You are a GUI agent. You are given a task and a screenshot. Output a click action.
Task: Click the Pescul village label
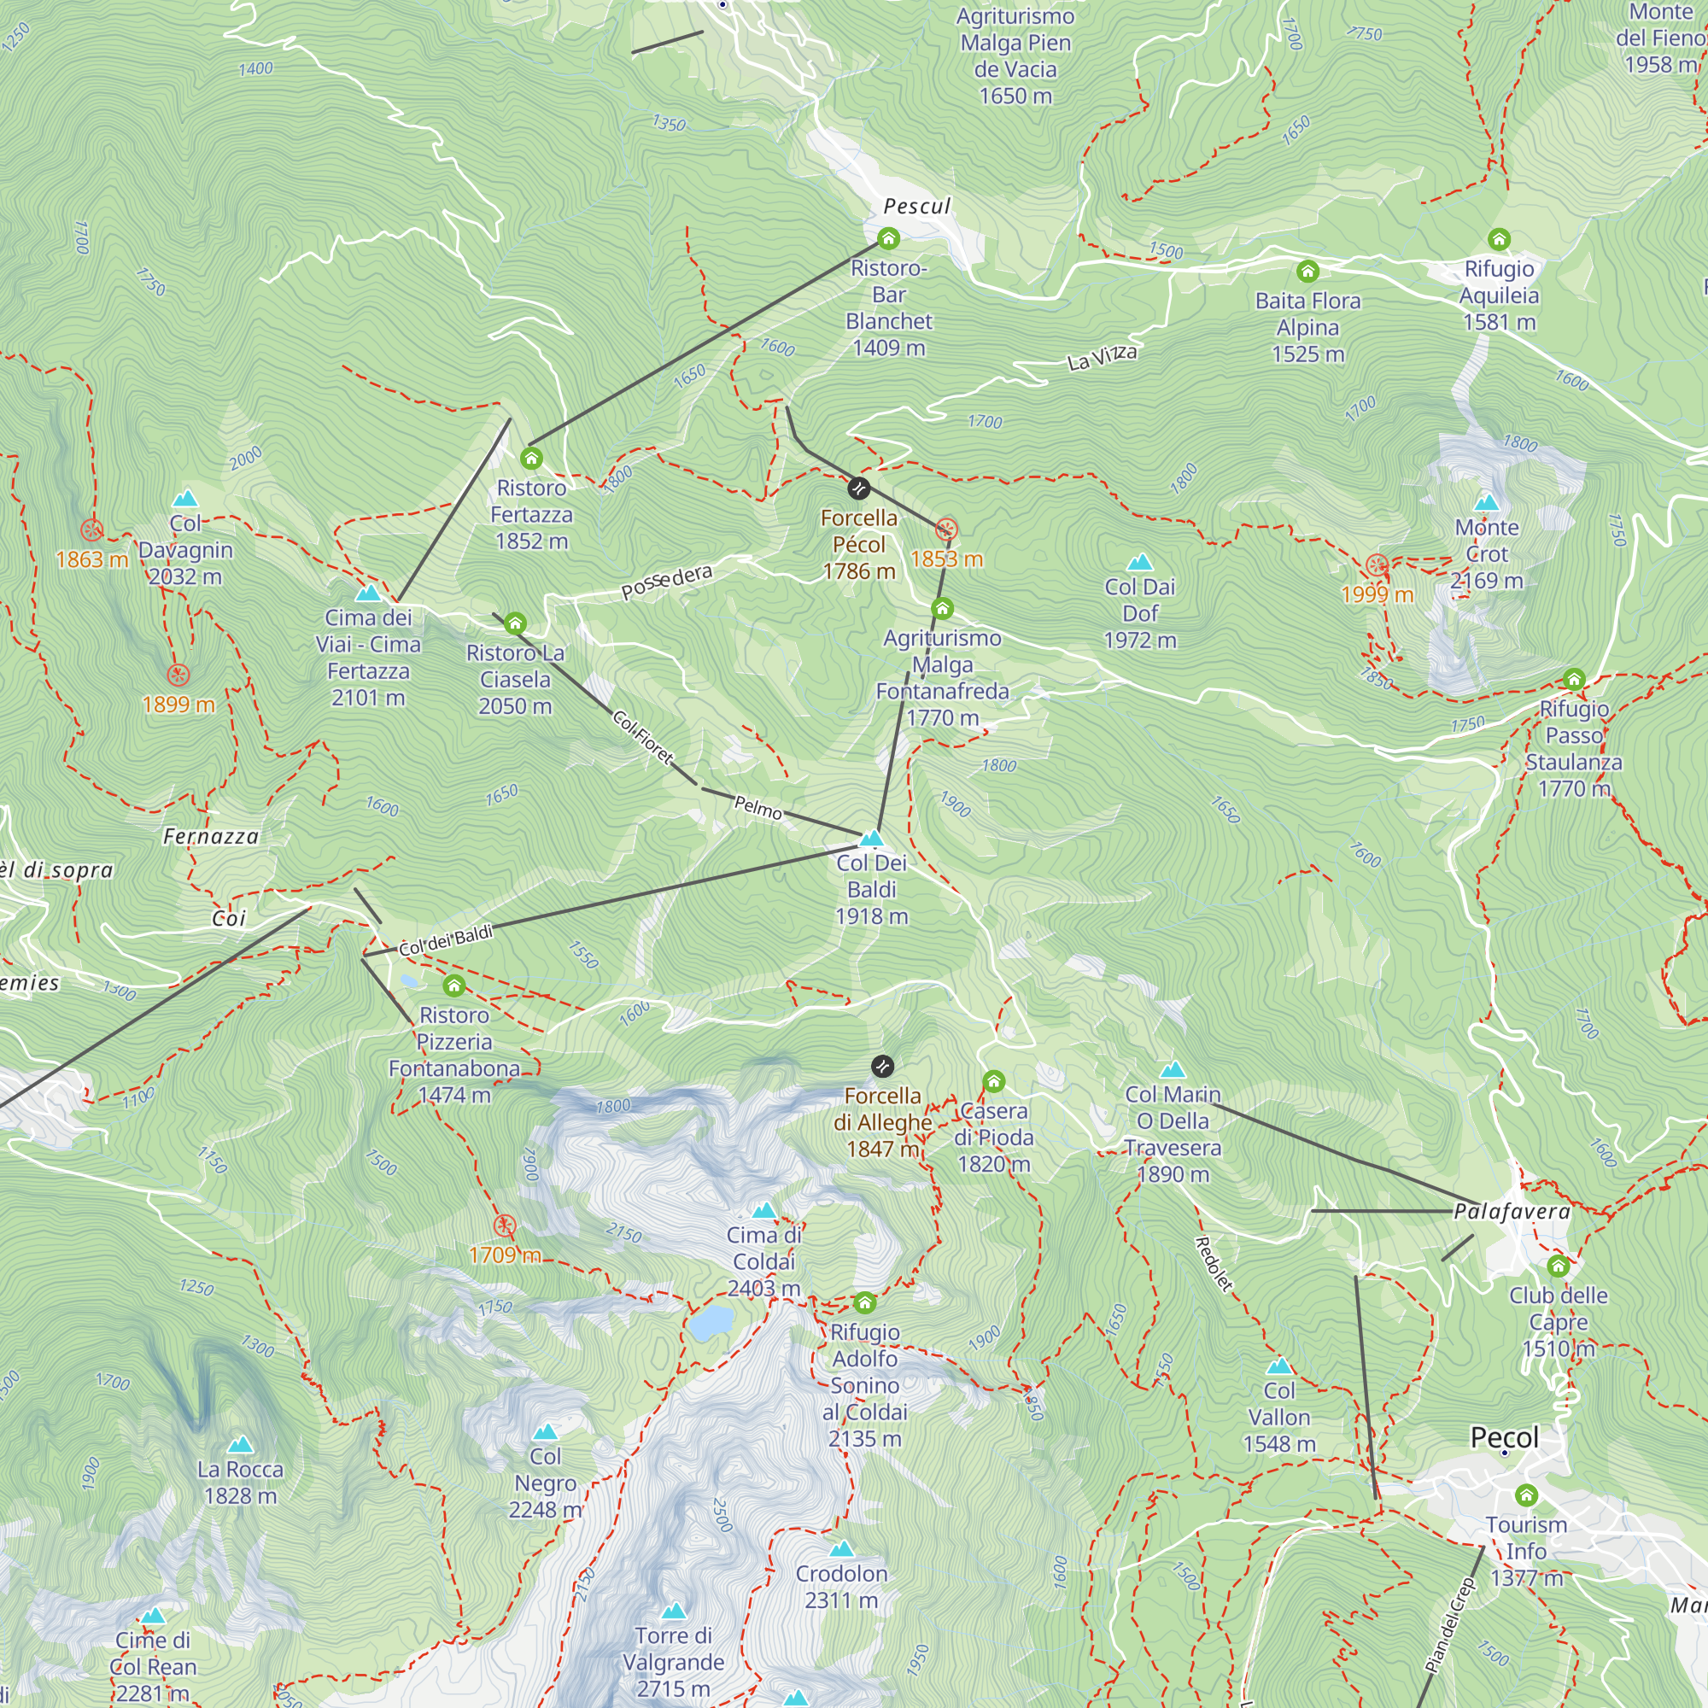point(916,207)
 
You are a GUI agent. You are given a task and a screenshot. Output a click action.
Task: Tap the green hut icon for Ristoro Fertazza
point(531,458)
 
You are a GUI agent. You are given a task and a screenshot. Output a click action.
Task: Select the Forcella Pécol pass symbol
point(858,488)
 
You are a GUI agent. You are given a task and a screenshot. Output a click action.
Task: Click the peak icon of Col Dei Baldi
point(872,837)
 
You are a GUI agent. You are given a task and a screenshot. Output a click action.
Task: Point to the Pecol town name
point(1504,1437)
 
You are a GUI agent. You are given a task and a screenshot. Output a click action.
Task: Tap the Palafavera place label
point(1512,1211)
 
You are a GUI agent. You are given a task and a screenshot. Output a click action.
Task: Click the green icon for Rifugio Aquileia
point(1499,240)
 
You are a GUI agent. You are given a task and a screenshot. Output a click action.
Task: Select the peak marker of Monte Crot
point(1486,503)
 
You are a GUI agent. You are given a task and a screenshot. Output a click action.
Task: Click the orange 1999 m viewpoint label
point(1377,594)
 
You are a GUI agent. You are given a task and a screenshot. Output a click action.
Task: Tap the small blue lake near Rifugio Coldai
point(711,1323)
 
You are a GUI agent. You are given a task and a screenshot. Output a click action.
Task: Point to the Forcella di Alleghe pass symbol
point(882,1066)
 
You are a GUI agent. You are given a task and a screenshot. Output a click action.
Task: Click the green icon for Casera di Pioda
point(994,1081)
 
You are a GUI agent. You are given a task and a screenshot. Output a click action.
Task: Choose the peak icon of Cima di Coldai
point(763,1210)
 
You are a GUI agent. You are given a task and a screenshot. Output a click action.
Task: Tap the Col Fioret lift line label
point(643,737)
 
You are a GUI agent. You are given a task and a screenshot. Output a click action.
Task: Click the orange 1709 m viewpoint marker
point(504,1225)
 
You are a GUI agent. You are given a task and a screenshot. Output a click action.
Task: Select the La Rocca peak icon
point(241,1446)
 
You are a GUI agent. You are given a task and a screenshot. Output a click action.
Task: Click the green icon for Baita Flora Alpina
point(1307,272)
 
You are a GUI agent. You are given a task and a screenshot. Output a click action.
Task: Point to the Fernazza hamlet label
point(211,836)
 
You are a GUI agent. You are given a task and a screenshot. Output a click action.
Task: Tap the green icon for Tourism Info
point(1526,1495)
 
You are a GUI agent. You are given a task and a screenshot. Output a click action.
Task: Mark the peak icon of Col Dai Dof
point(1139,562)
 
